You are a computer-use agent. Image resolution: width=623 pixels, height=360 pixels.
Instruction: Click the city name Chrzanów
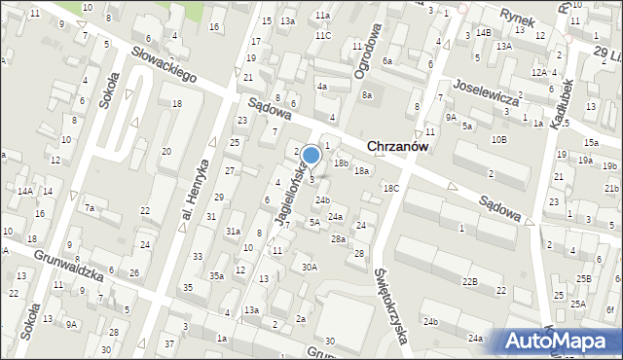click(x=399, y=146)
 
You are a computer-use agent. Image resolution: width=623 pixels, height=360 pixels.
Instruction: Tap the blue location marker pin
click(x=311, y=157)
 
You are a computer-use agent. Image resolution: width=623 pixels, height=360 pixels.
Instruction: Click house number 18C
click(x=390, y=188)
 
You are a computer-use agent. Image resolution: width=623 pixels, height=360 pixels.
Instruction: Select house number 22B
click(x=470, y=281)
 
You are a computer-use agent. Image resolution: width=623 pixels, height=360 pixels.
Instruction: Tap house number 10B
click(x=498, y=140)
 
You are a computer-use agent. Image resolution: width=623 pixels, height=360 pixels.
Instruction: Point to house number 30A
click(x=310, y=267)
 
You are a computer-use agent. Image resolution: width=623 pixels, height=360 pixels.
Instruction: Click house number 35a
click(x=217, y=276)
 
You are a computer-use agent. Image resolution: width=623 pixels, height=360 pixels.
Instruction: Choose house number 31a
click(x=234, y=232)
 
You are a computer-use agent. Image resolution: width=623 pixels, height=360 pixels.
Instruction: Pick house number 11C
click(x=322, y=36)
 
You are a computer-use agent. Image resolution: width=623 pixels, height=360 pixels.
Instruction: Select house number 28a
click(x=338, y=239)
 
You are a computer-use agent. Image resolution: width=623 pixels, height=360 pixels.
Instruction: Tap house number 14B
click(x=484, y=33)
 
